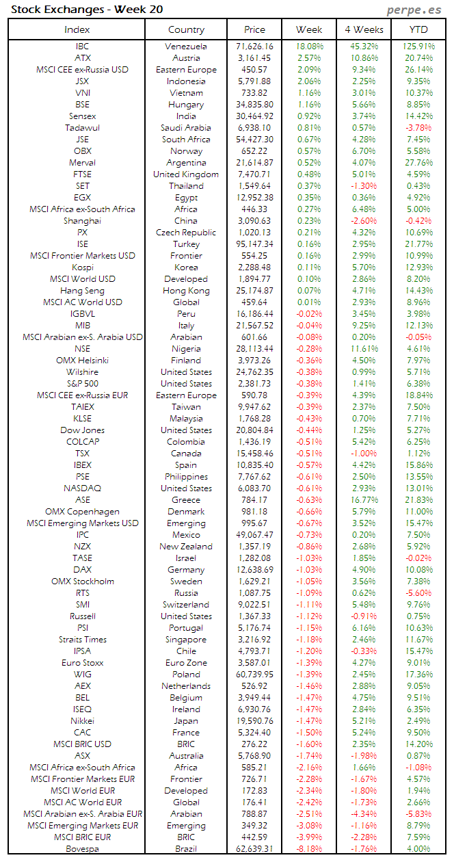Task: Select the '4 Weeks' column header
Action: tap(364, 29)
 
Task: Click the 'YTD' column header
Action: tap(419, 29)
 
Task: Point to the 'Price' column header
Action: tap(254, 29)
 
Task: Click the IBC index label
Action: tap(82, 47)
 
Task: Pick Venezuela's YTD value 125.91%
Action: tap(418, 47)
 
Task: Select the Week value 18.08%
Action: tap(310, 47)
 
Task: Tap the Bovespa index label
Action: tap(82, 849)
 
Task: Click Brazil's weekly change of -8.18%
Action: tap(310, 849)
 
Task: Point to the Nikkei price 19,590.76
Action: tap(254, 721)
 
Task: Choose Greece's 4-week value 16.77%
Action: tap(364, 500)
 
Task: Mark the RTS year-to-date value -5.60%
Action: tap(418, 593)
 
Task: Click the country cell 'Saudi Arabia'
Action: tap(186, 128)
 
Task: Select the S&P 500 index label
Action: tap(82, 384)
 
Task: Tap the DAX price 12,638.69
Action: tap(254, 570)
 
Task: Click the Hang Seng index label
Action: tap(82, 291)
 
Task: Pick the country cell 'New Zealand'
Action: tap(186, 547)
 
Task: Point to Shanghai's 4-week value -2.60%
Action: tap(364, 221)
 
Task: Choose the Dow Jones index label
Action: tap(82, 430)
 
